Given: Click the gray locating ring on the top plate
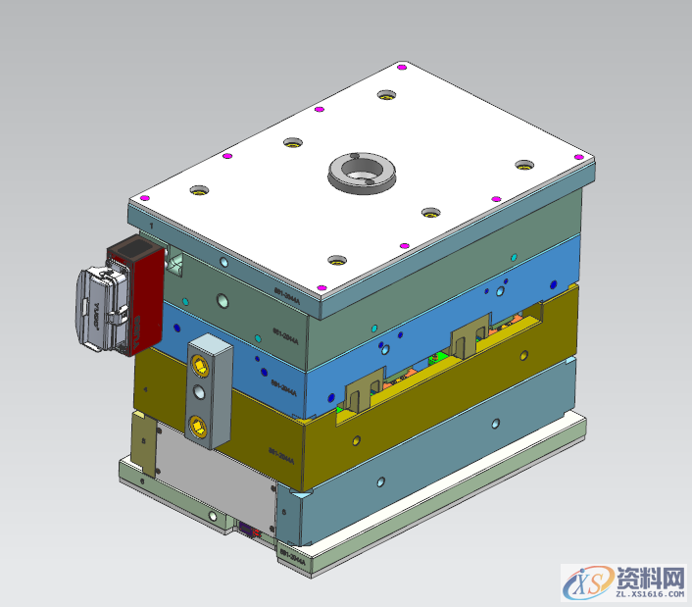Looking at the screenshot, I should click(361, 171).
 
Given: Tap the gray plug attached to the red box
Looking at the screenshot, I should click(99, 310).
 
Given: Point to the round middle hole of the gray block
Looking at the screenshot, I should click(201, 393).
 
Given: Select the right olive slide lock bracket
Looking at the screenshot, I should click(469, 337).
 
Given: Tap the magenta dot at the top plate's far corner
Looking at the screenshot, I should click(403, 68).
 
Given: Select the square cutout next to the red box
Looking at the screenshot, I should click(176, 261).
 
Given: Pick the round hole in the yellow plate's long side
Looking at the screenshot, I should click(495, 424).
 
